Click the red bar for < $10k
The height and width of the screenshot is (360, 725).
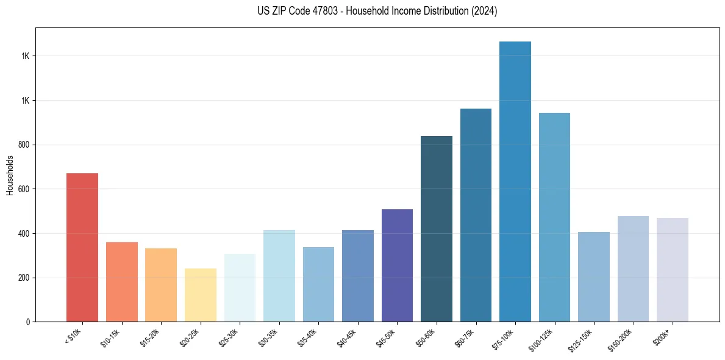click(x=82, y=247)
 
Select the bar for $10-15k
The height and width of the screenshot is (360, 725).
click(x=121, y=282)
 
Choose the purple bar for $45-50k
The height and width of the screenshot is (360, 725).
click(x=397, y=265)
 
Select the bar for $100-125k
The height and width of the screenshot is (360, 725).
click(x=554, y=217)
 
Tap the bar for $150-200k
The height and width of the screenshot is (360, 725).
click(x=633, y=268)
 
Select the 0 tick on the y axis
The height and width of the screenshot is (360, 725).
click(x=29, y=322)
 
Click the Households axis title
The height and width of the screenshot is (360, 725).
click(x=10, y=175)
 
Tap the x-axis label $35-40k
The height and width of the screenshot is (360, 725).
click(x=309, y=337)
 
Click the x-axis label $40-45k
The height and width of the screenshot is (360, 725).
click(x=348, y=337)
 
